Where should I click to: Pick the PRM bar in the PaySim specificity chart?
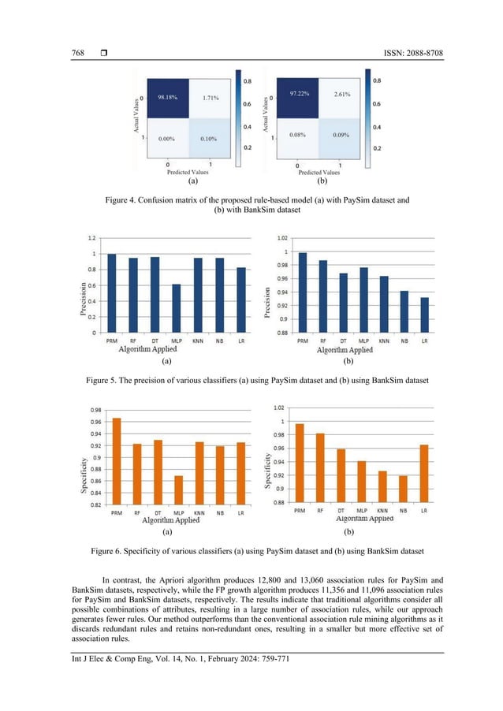[117, 460]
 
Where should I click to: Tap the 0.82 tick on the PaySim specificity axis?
[94, 504]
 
